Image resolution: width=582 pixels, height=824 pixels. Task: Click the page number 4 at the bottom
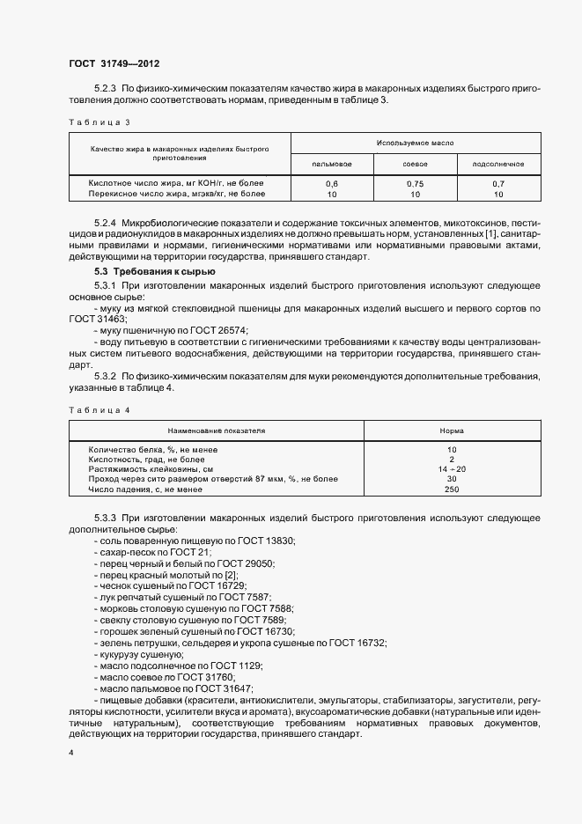(71, 754)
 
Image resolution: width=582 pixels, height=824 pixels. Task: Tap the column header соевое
(416, 165)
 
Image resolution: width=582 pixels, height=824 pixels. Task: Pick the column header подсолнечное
(498, 165)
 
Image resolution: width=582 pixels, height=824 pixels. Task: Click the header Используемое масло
(415, 142)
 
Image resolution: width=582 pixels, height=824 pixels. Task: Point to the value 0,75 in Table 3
(416, 183)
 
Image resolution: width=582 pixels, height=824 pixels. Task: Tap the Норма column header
(453, 431)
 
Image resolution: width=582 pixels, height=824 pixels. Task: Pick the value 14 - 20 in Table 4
(453, 469)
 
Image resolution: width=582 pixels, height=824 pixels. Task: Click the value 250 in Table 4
(453, 489)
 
